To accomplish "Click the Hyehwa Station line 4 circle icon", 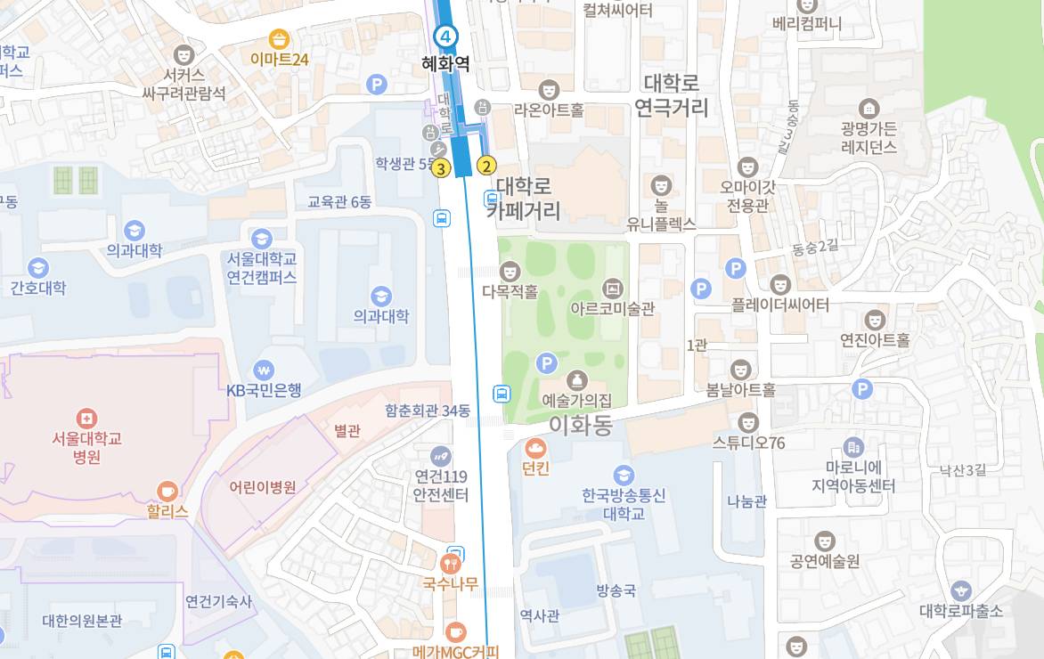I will coord(445,37).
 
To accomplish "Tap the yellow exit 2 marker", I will coord(486,165).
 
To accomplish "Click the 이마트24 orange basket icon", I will coord(280,38).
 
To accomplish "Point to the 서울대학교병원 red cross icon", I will coord(86,418).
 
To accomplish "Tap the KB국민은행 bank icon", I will coord(263,369).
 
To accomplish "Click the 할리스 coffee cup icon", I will coord(167,491).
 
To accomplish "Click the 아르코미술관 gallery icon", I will coord(612,289).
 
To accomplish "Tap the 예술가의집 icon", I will coord(576,380).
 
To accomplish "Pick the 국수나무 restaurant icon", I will coord(451,564).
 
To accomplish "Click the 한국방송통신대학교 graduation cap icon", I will coord(624,475).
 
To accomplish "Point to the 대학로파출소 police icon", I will coord(960,590).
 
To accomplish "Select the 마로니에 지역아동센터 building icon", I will coord(853,447).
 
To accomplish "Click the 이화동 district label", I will coord(581,425).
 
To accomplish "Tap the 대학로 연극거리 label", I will coord(672,95).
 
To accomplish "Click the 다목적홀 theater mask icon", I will coord(510,271).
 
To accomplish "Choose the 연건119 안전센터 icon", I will coord(441,456).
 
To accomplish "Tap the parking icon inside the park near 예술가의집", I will coord(547,363).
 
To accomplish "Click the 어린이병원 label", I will coord(262,487).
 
